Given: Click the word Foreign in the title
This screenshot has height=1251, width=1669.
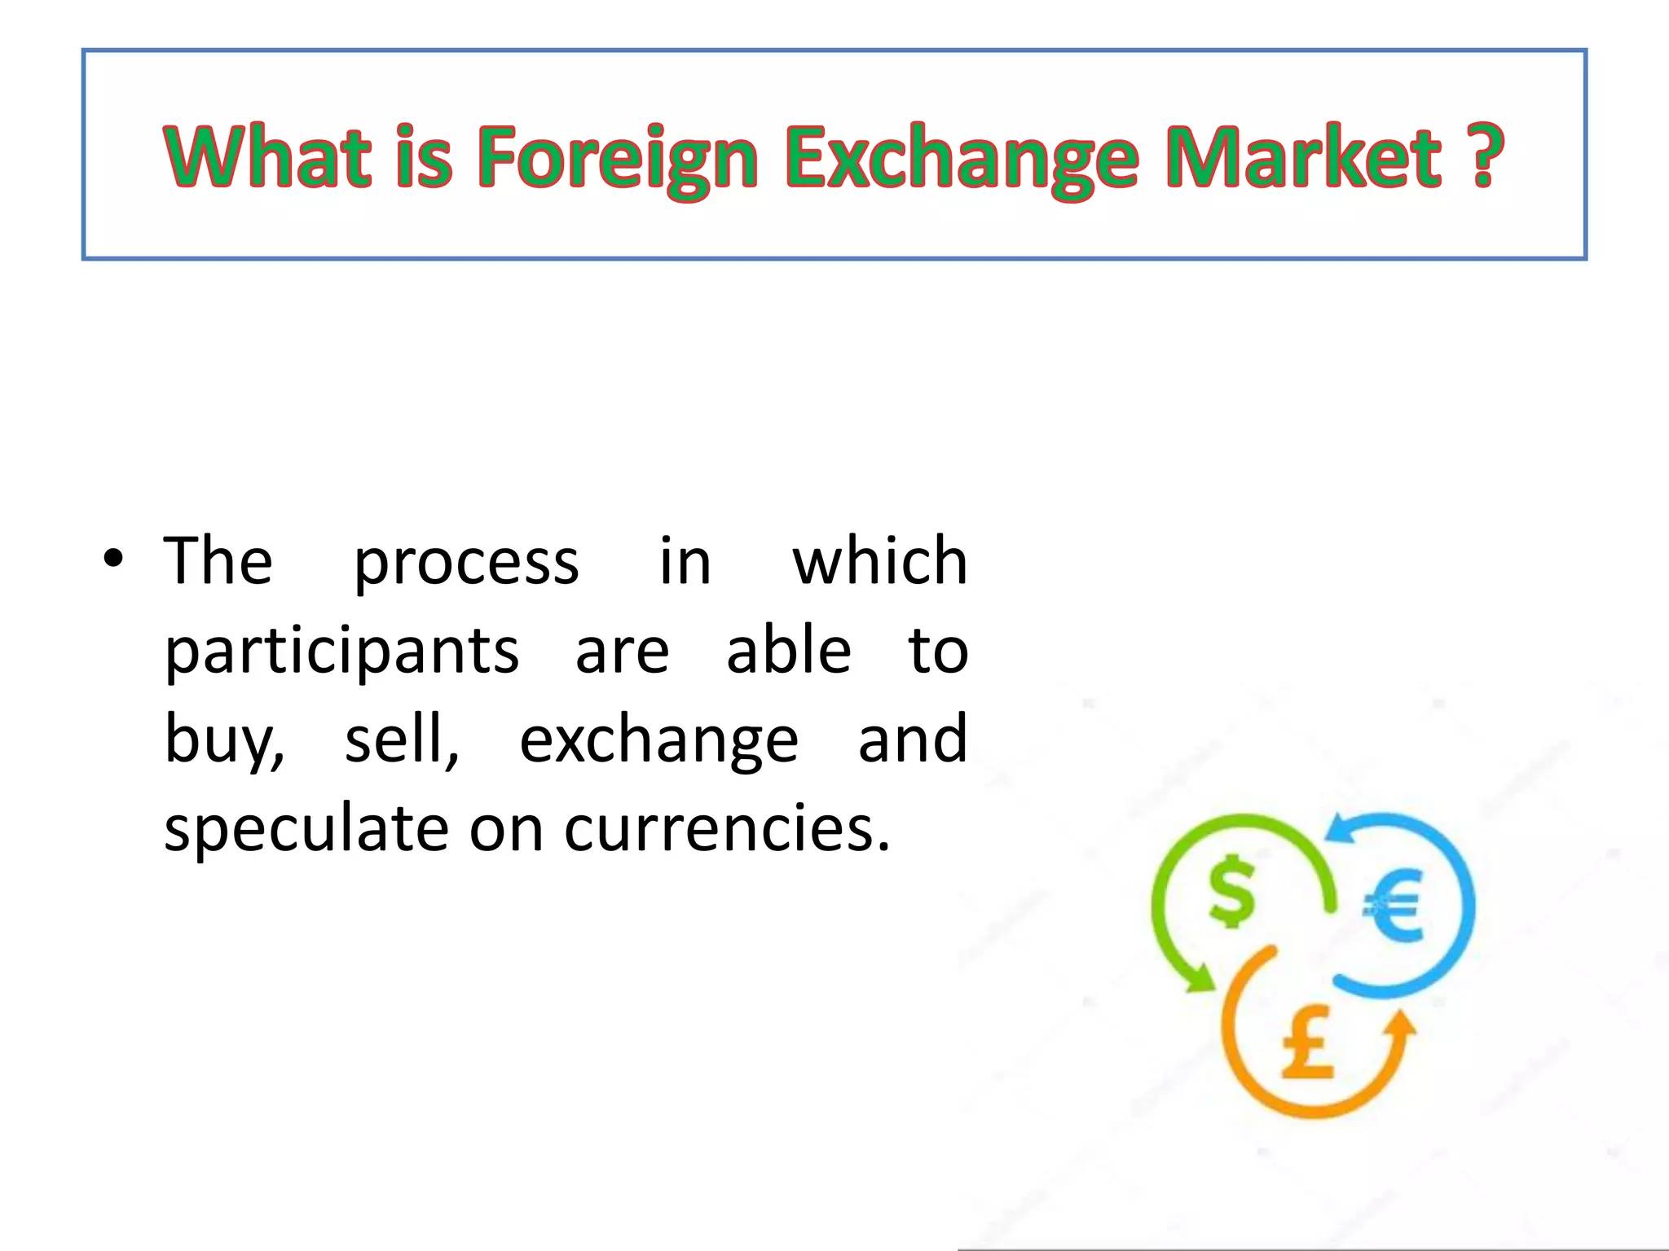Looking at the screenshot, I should click(618, 156).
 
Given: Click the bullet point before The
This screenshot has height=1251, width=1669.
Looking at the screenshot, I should click(113, 559).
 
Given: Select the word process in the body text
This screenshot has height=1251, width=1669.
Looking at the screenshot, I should click(466, 562).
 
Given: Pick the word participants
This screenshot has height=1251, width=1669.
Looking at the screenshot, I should click(341, 652).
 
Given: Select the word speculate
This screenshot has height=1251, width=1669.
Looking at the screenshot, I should click(306, 828).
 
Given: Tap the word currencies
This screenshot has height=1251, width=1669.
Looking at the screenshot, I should click(727, 828).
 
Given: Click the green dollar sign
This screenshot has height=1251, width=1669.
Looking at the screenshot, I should click(1231, 891).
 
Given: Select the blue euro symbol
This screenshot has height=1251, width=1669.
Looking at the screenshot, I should click(1394, 904).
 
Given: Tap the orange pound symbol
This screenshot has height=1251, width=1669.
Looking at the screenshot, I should click(1307, 1042).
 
